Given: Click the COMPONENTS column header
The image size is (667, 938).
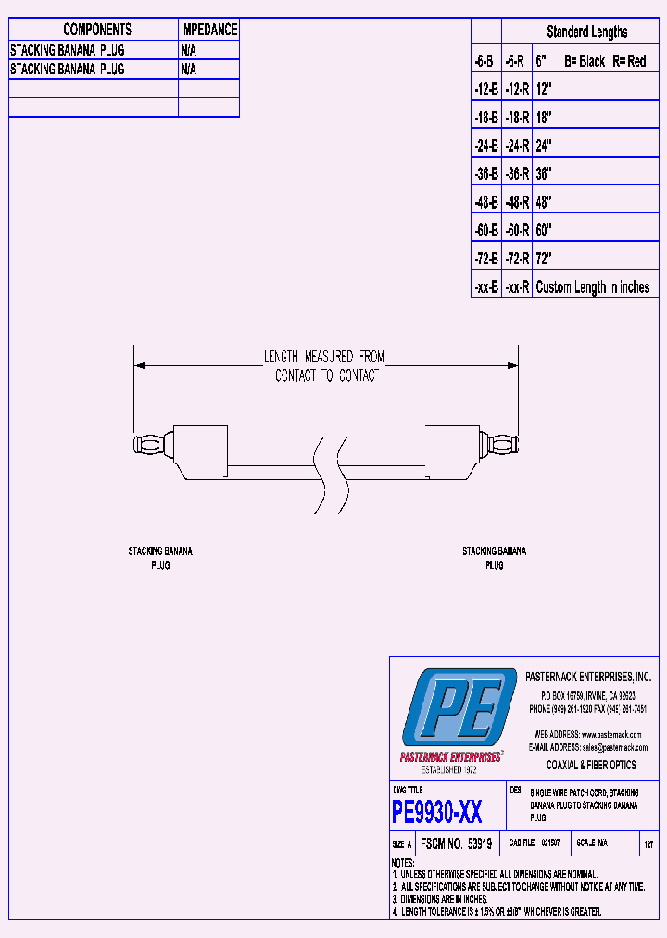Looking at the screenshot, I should pyautogui.click(x=97, y=30).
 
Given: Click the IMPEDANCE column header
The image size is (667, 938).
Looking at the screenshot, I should pyautogui.click(x=208, y=30).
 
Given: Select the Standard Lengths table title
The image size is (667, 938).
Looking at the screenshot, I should pyautogui.click(x=586, y=32).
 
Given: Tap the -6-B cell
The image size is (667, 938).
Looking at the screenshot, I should pyautogui.click(x=485, y=61).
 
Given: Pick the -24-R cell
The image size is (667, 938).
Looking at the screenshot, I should pyautogui.click(x=517, y=146).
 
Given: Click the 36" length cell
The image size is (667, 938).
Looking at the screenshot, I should pyautogui.click(x=544, y=173).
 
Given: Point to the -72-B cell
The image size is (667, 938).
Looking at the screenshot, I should pyautogui.click(x=485, y=259).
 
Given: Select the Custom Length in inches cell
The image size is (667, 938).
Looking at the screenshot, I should pyautogui.click(x=593, y=287).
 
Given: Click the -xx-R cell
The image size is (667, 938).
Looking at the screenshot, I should pyautogui.click(x=517, y=287).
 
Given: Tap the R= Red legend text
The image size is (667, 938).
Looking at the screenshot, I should pyautogui.click(x=629, y=61).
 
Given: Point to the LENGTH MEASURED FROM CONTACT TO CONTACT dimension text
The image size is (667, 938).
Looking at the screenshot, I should pyautogui.click(x=323, y=366).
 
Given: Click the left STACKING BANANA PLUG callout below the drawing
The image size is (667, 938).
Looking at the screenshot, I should pyautogui.click(x=160, y=558).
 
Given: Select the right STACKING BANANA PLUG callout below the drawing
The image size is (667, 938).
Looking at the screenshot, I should pyautogui.click(x=494, y=558).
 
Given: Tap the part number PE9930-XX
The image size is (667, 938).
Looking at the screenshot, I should pyautogui.click(x=436, y=813).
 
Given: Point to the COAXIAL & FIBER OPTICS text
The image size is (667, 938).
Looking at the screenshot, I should pyautogui.click(x=591, y=765).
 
